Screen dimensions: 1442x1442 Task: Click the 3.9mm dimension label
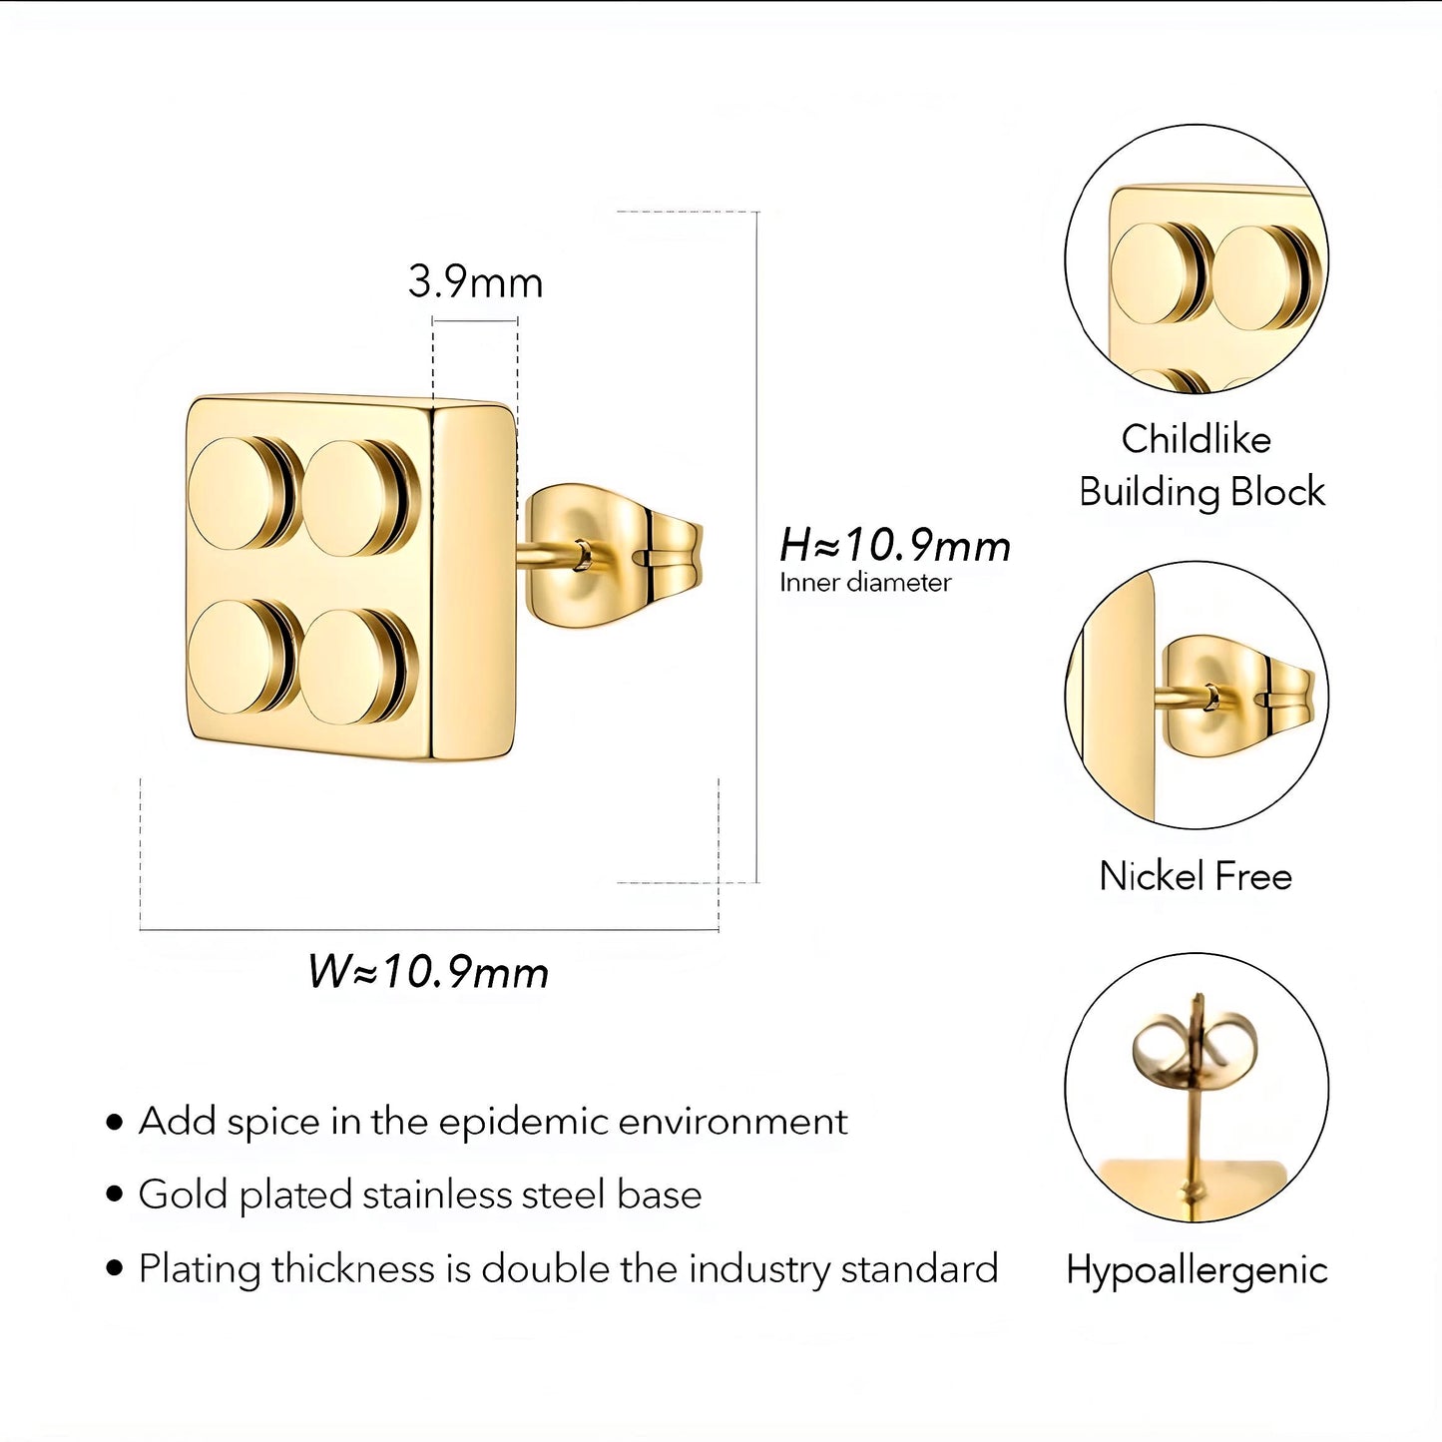[475, 282]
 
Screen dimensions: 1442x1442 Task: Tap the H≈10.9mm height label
[895, 545]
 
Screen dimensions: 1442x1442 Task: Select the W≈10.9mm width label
[428, 972]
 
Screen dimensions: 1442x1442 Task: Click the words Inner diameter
[865, 583]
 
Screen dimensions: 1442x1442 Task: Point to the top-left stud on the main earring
[240, 493]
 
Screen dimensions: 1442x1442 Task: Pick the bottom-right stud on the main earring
[358, 666]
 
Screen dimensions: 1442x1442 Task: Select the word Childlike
[1196, 438]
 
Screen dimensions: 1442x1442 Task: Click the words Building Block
[1202, 492]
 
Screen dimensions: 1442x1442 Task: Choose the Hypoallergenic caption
[1197, 1270]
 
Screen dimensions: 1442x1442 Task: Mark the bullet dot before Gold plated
[115, 1196]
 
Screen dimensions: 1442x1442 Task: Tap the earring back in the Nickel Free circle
[1234, 696]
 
